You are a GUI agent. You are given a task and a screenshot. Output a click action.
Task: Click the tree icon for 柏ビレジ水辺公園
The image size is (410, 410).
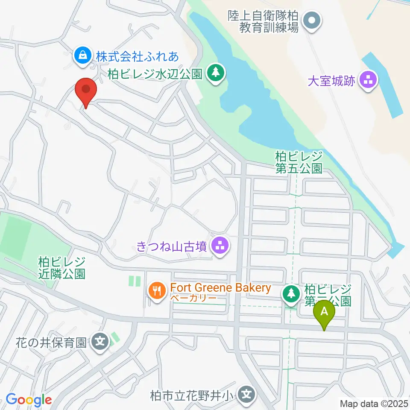point(215,73)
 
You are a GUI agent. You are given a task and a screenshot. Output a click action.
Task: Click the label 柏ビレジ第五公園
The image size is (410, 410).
point(299,162)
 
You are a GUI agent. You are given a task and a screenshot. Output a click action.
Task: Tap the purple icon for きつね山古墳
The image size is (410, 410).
point(220,246)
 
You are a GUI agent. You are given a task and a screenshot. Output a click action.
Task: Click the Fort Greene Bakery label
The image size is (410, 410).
point(220,287)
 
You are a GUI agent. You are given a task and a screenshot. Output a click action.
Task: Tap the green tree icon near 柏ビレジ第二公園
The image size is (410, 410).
point(292,294)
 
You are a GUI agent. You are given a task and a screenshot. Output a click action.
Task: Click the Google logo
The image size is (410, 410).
point(29,400)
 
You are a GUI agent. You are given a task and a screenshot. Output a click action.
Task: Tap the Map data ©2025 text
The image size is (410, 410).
point(373,403)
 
